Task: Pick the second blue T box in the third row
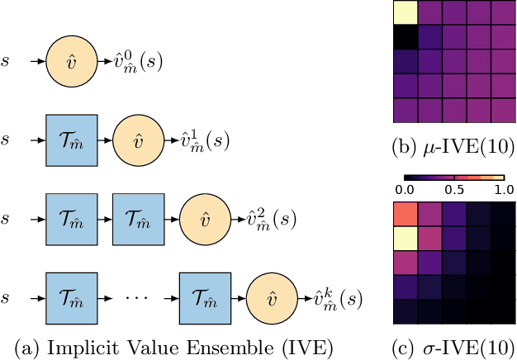point(138,220)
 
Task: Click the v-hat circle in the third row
point(206,220)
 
